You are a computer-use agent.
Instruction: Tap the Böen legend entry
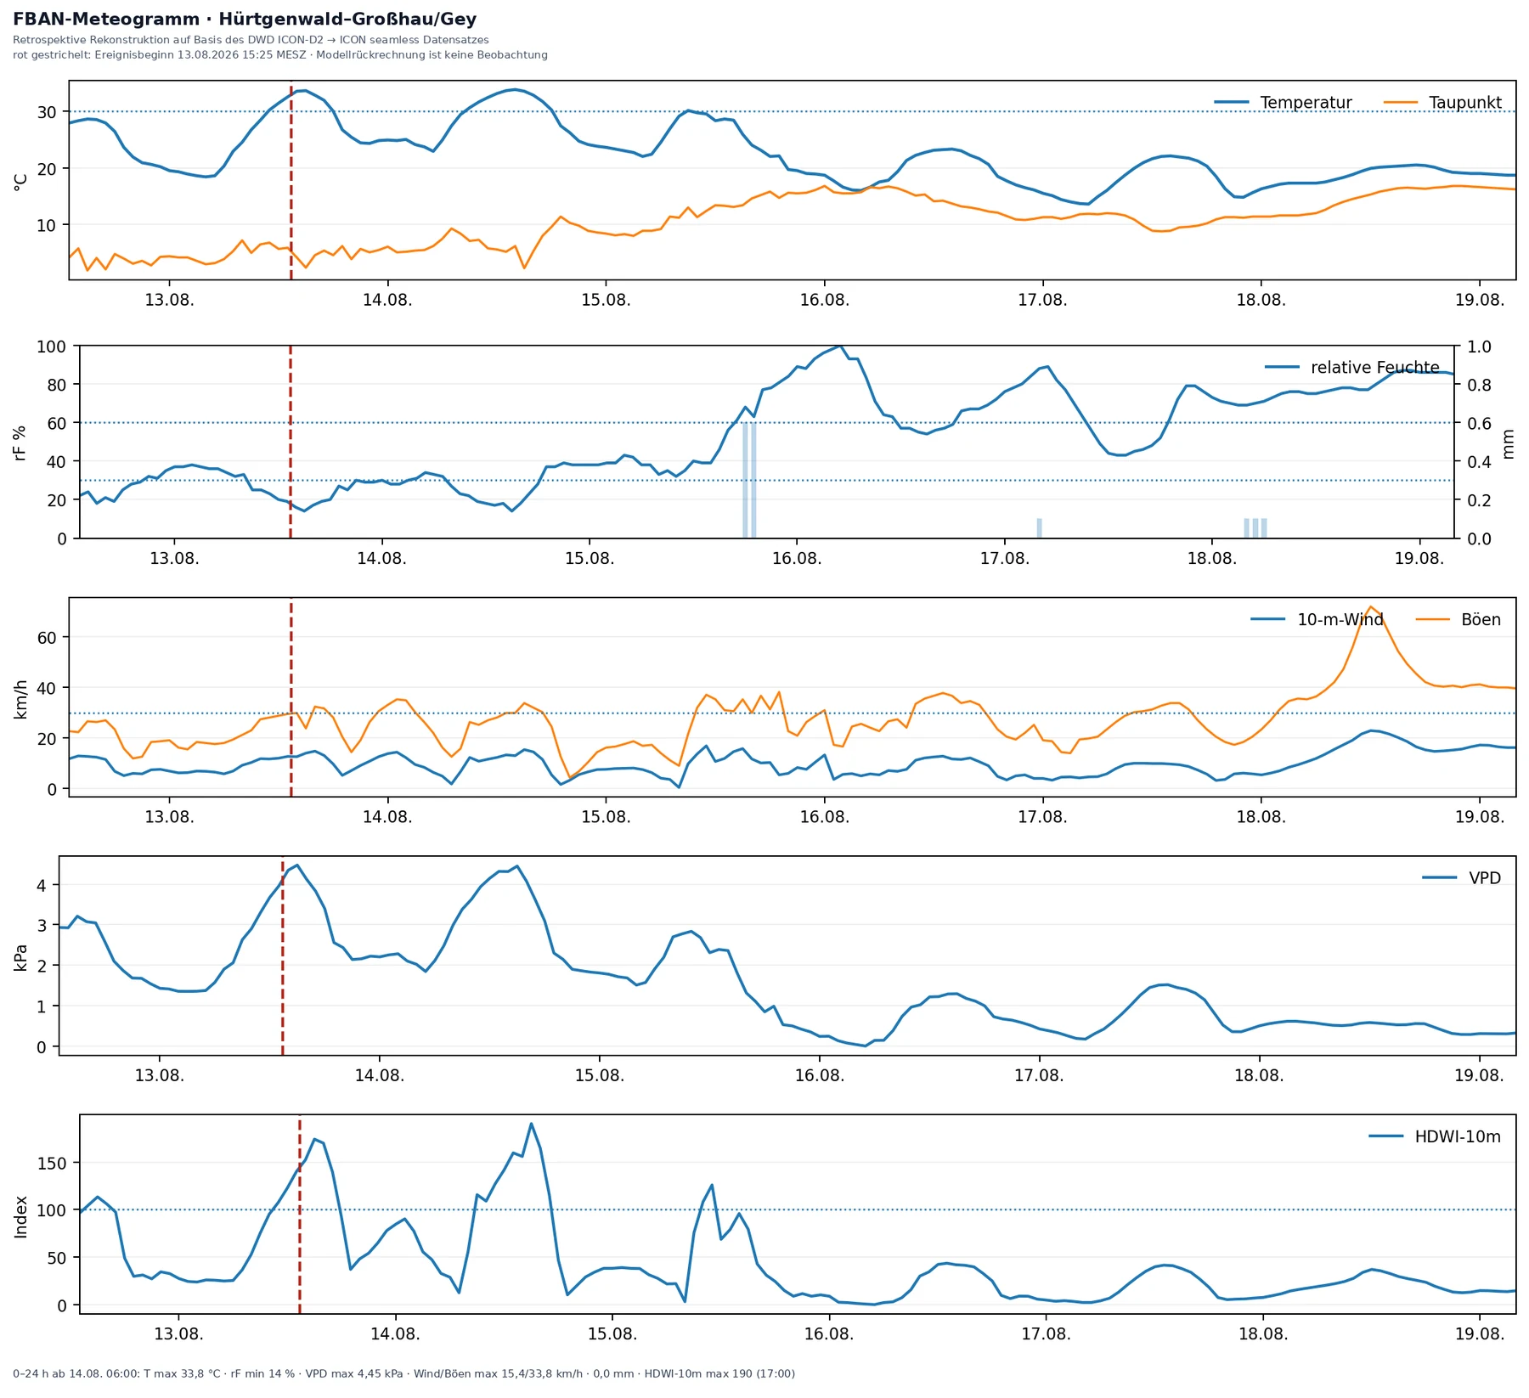[x=1458, y=620]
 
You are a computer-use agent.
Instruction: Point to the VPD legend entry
[x=1462, y=878]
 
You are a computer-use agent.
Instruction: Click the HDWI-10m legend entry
[x=1435, y=1136]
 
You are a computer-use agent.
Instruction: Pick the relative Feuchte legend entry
[x=1352, y=368]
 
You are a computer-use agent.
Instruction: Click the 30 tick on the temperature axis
[x=47, y=112]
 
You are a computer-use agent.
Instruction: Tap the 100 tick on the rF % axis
[x=51, y=347]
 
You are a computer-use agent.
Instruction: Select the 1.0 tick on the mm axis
[x=1479, y=347]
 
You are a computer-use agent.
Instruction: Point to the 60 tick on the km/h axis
[x=47, y=637]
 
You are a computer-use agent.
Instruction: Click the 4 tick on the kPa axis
[x=42, y=885]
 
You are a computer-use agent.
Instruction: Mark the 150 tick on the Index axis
[x=52, y=1163]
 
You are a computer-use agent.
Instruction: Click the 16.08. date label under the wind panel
[x=824, y=818]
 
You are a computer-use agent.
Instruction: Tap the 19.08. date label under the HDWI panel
[x=1480, y=1334]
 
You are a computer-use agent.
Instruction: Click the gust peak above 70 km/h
[x=1370, y=606]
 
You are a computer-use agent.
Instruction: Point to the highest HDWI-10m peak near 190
[x=531, y=1124]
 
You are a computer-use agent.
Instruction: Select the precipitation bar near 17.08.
[x=1039, y=528]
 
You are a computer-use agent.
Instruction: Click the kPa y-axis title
[x=22, y=957]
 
